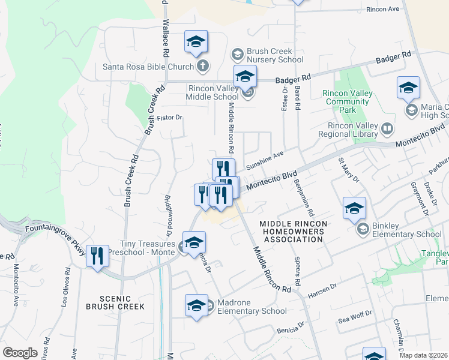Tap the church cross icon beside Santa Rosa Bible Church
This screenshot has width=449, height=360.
[x=203, y=66]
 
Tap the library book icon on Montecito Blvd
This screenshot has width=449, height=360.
[x=388, y=128]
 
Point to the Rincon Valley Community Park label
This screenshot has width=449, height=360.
[x=348, y=101]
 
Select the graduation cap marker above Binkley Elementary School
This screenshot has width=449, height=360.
[x=354, y=208]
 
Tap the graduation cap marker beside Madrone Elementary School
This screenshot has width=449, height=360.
[x=196, y=305]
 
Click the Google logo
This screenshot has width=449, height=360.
[x=20, y=353]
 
